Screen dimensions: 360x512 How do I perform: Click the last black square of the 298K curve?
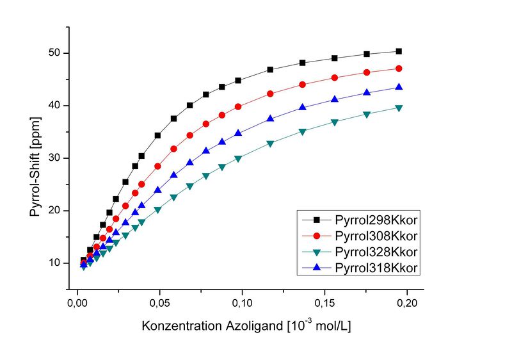[x=399, y=51]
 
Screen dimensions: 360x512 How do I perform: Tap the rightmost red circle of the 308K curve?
[x=399, y=69]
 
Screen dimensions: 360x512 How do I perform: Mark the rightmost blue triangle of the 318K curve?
[x=399, y=87]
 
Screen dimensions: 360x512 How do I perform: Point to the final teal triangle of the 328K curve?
[x=399, y=108]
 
